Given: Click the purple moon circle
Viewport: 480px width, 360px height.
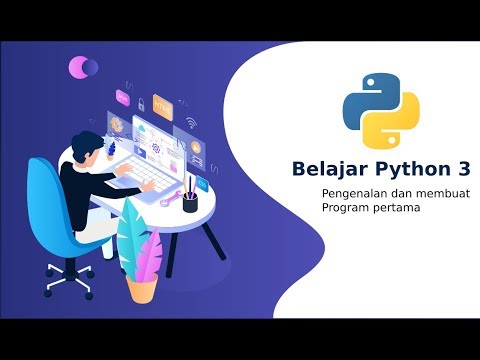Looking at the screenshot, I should pos(80,67).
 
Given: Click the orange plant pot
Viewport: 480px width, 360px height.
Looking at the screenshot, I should pos(142,288).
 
